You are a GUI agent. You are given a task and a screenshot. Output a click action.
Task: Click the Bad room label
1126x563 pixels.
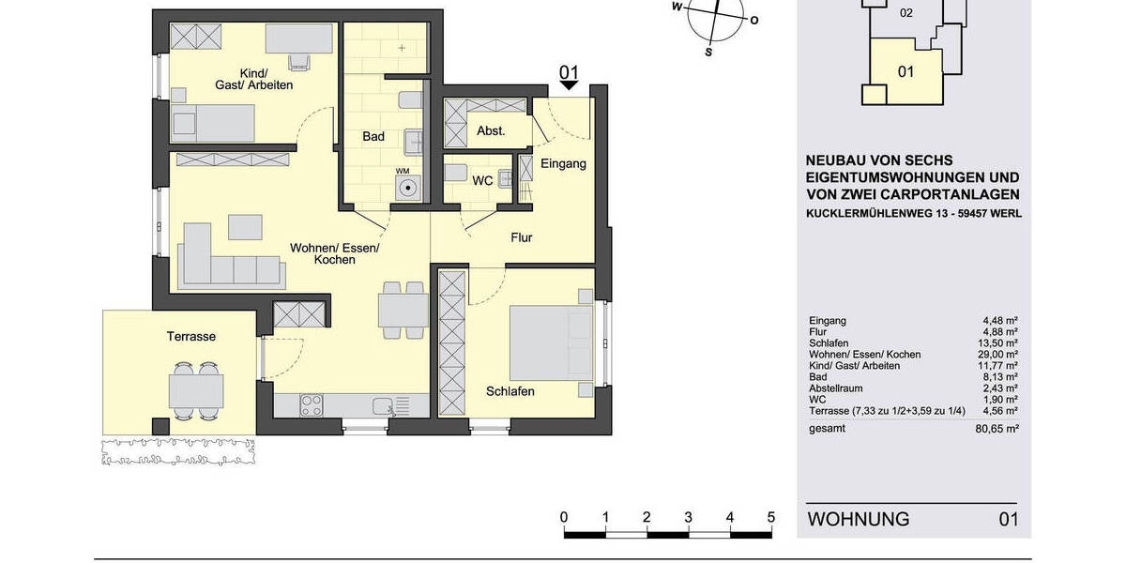click(373, 137)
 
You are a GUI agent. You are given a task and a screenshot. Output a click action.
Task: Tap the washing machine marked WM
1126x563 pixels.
click(407, 188)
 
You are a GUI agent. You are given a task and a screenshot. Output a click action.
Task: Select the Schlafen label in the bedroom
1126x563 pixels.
click(510, 391)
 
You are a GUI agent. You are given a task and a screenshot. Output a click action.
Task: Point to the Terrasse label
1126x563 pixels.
click(191, 336)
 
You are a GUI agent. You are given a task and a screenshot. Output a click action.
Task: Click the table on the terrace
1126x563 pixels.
click(196, 388)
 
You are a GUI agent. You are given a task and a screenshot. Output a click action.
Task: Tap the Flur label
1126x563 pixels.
click(521, 238)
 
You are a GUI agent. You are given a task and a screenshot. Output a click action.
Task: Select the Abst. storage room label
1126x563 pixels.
click(491, 131)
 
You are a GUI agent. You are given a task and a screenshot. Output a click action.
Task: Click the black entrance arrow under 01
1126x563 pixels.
click(570, 86)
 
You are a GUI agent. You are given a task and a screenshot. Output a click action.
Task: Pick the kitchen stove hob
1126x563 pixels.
click(312, 405)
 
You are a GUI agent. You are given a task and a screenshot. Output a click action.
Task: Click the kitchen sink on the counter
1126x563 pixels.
click(383, 405)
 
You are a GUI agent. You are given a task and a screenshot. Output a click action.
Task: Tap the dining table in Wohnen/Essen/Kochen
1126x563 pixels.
click(403, 310)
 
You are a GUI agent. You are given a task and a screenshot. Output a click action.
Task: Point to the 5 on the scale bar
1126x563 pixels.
click(770, 517)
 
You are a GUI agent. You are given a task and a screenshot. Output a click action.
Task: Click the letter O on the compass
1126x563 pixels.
click(754, 20)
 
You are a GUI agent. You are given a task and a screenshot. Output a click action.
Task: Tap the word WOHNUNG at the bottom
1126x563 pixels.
click(859, 519)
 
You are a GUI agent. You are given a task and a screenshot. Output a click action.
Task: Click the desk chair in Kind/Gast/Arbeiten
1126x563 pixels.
click(300, 62)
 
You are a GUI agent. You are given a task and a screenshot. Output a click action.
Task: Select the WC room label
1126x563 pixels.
click(482, 179)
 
